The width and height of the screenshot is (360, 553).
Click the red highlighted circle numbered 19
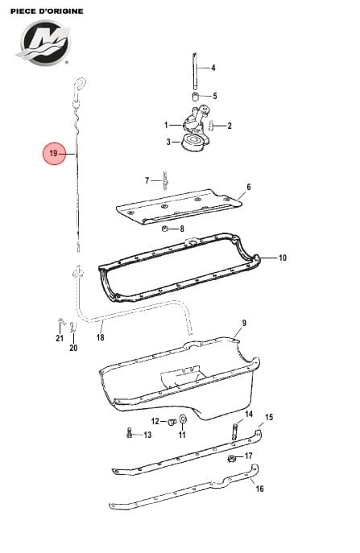pyautogui.click(x=54, y=154)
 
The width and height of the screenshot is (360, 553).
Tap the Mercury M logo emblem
pyautogui.click(x=43, y=43)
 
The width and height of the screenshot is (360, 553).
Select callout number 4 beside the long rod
pyautogui.click(x=213, y=68)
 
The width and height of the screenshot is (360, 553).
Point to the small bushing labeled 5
pyautogui.click(x=196, y=97)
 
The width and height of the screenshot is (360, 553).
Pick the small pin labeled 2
pyautogui.click(x=212, y=126)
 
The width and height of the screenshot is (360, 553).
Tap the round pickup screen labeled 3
pyautogui.click(x=193, y=142)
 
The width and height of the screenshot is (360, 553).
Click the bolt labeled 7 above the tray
pyautogui.click(x=165, y=180)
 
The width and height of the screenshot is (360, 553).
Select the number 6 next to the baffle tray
pyautogui.click(x=249, y=187)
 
